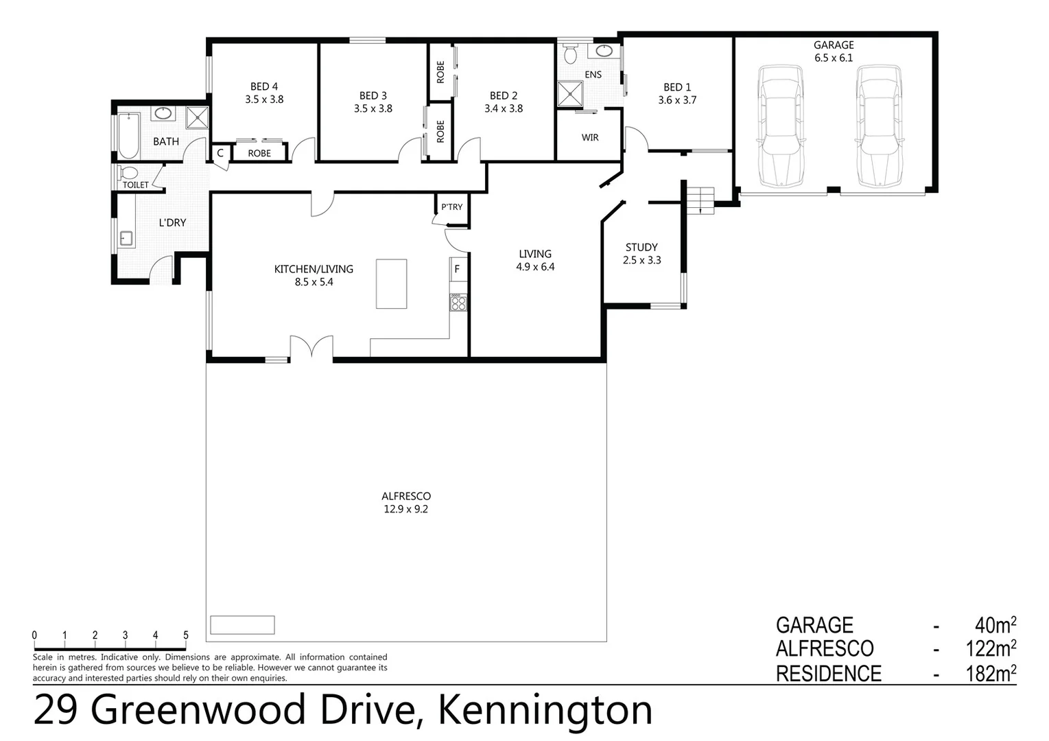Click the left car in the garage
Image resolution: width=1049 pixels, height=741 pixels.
(780, 126)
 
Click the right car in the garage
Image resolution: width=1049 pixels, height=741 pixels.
(879, 126)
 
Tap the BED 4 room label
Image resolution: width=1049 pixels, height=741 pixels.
(264, 86)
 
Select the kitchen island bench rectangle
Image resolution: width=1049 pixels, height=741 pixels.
(391, 283)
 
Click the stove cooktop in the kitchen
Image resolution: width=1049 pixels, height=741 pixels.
(458, 302)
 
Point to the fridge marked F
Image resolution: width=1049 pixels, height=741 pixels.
(458, 269)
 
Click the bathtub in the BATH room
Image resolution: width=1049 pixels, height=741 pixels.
(128, 136)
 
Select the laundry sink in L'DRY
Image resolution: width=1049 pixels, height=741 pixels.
(126, 238)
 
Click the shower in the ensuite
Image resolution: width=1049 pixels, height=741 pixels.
(569, 94)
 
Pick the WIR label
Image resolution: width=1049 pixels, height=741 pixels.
(590, 138)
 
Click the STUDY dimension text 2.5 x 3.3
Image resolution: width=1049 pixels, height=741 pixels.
(642, 260)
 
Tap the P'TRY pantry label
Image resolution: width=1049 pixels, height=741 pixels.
(451, 207)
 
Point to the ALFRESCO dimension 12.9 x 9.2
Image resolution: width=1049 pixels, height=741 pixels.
(406, 509)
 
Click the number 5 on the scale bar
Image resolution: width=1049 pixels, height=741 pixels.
(186, 635)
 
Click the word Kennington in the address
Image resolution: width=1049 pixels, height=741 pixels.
(545, 710)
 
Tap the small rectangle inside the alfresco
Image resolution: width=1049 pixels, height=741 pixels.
(242, 624)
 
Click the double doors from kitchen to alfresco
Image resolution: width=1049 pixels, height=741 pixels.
(311, 347)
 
